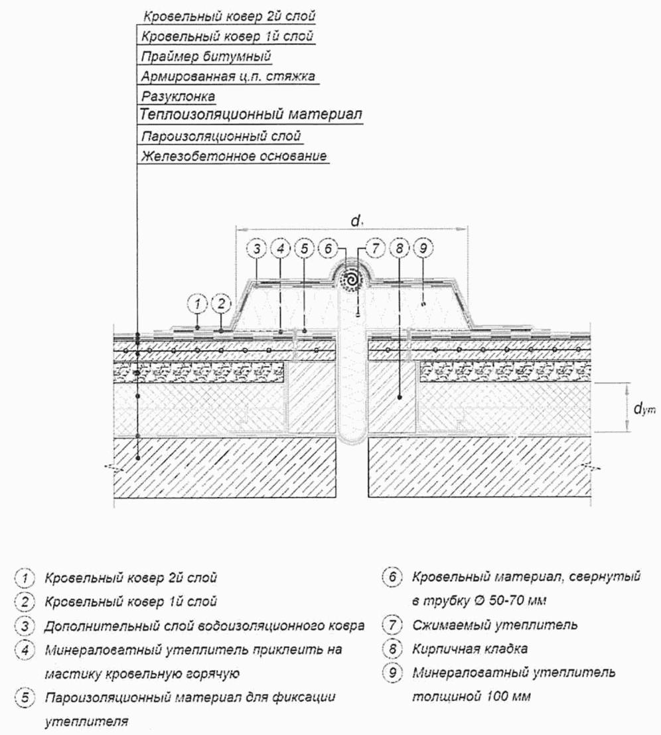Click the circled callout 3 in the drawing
pyautogui.click(x=257, y=249)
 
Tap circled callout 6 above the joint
pyautogui.click(x=328, y=249)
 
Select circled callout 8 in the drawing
pyautogui.click(x=399, y=249)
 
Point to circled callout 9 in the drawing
pyautogui.click(x=423, y=249)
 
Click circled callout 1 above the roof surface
pyautogui.click(x=197, y=304)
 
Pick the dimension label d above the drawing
pyautogui.click(x=356, y=221)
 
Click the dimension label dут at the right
pyautogui.click(x=644, y=409)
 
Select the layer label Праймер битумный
pyautogui.click(x=206, y=57)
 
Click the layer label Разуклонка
pyautogui.click(x=178, y=97)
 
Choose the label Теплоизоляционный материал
pyautogui.click(x=251, y=114)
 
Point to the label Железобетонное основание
pyautogui.click(x=234, y=156)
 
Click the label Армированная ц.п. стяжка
pyautogui.click(x=228, y=76)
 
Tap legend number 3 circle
pyautogui.click(x=25, y=626)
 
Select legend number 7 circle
pyautogui.click(x=392, y=625)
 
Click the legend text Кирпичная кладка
pyautogui.click(x=470, y=649)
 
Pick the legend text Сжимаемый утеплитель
pyautogui.click(x=494, y=625)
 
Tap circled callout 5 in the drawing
pyautogui.click(x=304, y=249)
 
